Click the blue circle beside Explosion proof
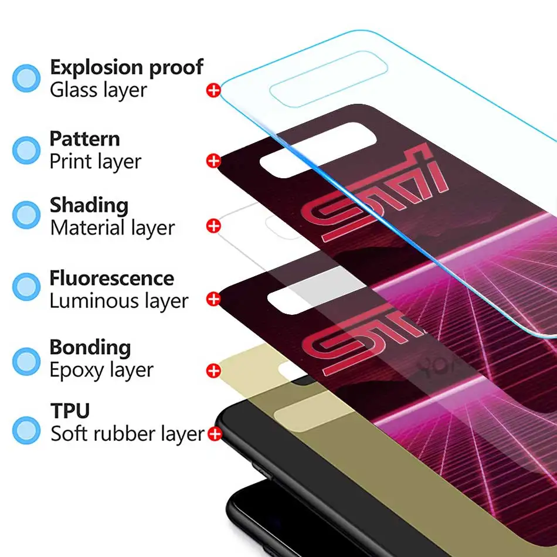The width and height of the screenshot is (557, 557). [x=26, y=78]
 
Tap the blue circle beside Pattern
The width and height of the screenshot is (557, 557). [x=26, y=150]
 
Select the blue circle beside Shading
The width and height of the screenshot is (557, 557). [x=26, y=216]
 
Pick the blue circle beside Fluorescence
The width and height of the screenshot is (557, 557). [x=26, y=287]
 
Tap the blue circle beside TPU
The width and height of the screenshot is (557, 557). [x=26, y=429]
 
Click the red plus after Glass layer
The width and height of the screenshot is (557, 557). [x=213, y=90]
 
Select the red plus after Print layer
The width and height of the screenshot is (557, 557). [x=213, y=161]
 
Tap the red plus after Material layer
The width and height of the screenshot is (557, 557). [x=213, y=226]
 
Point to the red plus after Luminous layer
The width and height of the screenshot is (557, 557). [x=213, y=299]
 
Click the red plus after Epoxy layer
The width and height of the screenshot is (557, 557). [x=213, y=371]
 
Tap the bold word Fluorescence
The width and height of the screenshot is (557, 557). [x=111, y=277]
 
